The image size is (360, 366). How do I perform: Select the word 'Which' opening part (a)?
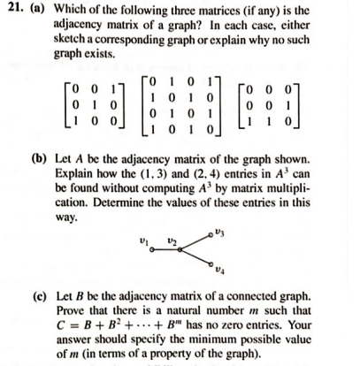coord(67,9)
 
